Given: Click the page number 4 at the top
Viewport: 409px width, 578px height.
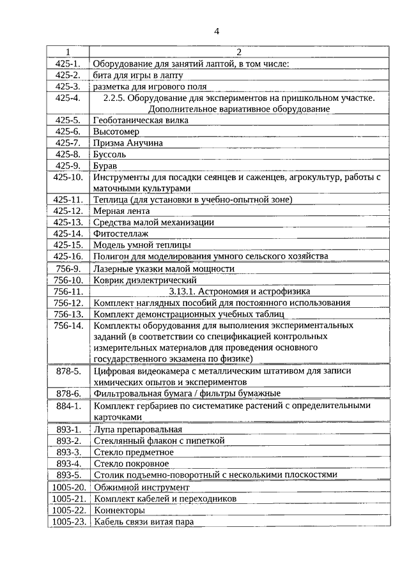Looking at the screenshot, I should click(217, 31).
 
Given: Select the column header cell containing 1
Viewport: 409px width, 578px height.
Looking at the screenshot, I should click(68, 52).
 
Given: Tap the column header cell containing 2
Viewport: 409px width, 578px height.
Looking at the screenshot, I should click(239, 52).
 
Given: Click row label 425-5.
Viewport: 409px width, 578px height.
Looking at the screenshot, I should click(68, 120).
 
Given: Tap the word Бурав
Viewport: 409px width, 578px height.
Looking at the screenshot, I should click(105, 166).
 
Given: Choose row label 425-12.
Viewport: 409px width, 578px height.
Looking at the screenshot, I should click(68, 211).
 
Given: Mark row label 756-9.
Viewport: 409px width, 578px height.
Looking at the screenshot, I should click(68, 269).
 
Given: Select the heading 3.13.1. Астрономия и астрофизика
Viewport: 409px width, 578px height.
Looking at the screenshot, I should click(239, 291).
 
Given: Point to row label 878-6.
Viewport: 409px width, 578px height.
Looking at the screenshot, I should click(68, 393).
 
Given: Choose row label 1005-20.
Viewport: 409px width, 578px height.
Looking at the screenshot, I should click(68, 487).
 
